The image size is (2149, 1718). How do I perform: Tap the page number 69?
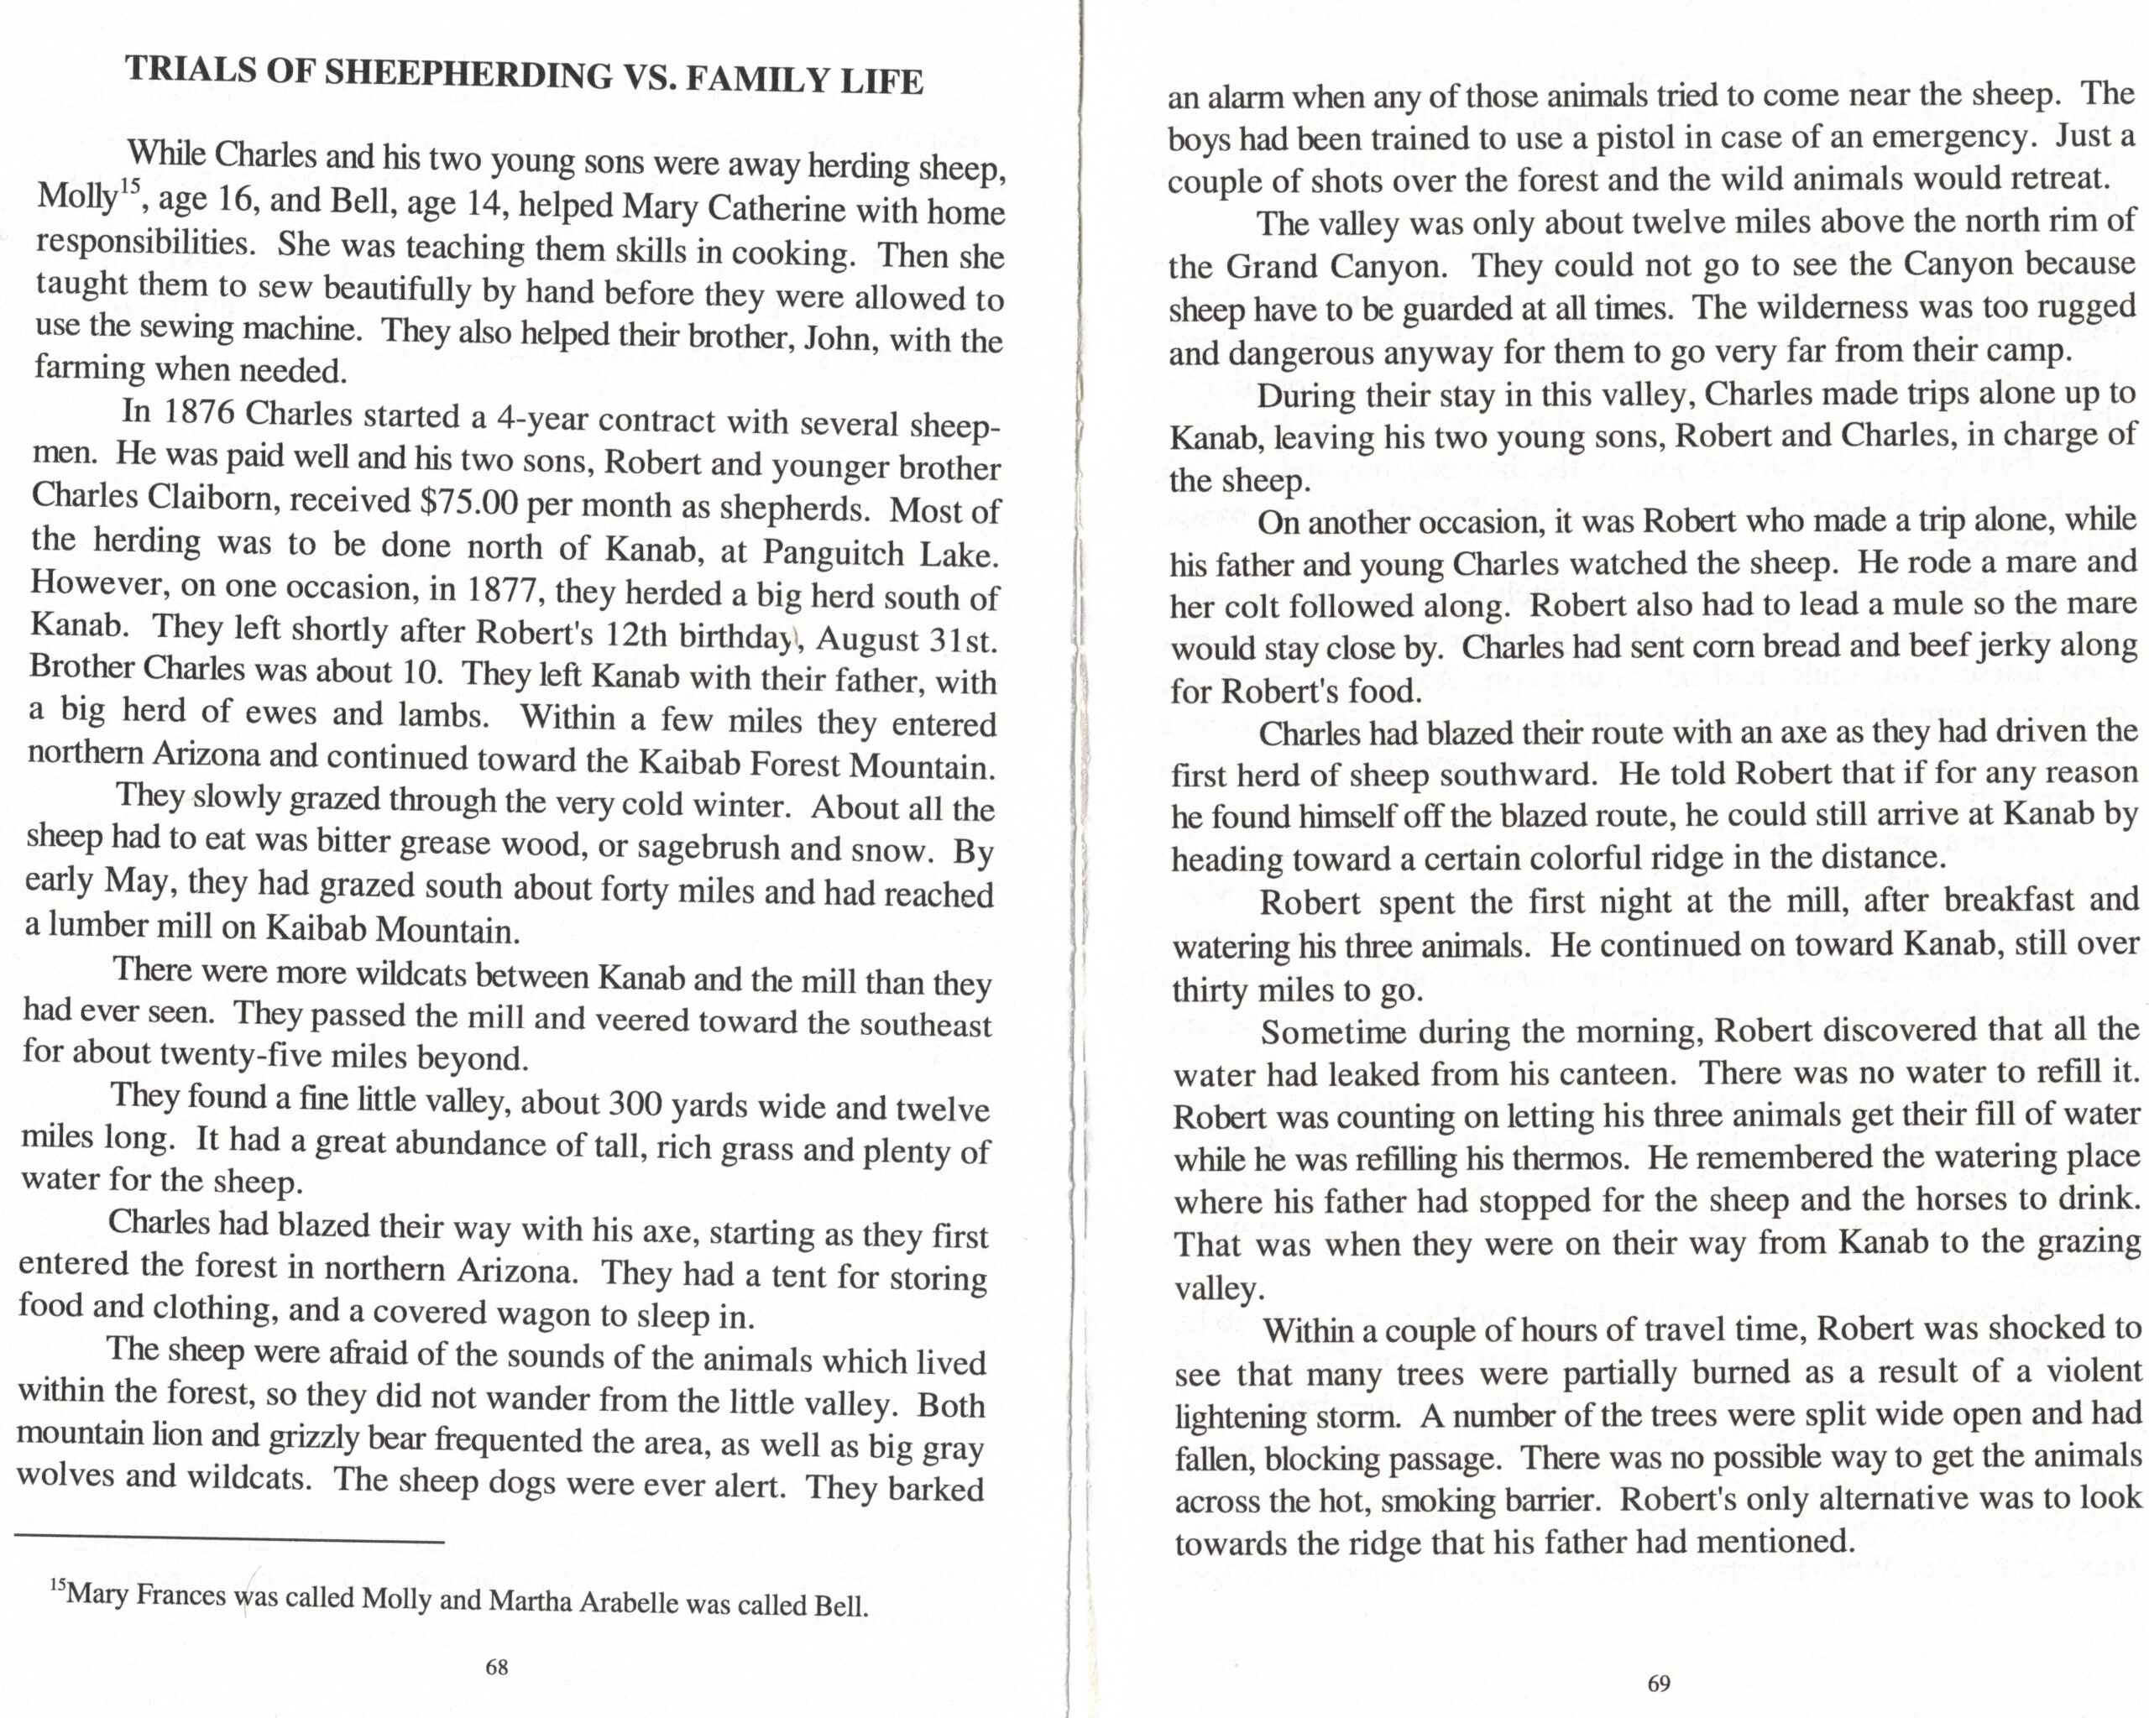pyautogui.click(x=1659, y=1684)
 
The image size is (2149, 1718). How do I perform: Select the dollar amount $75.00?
pyautogui.click(x=469, y=501)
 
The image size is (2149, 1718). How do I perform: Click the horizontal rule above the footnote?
pyautogui.click(x=228, y=1543)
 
